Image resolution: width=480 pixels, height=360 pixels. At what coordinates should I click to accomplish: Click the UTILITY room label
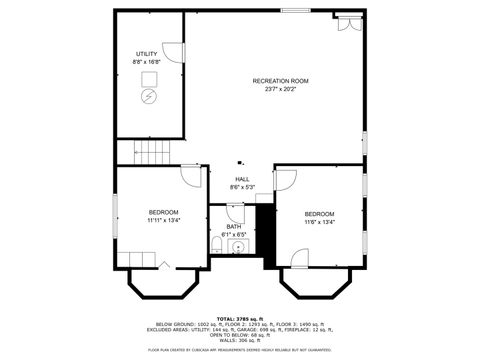[148, 53]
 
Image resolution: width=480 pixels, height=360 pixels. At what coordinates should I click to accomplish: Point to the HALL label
[242, 179]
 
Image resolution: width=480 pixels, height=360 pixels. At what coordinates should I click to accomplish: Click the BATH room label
[233, 227]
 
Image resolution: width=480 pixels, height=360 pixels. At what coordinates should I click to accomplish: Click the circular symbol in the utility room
[149, 97]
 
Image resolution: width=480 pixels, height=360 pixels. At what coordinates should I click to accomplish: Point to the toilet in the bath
[217, 246]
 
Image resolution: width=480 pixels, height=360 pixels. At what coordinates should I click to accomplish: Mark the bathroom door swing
[235, 212]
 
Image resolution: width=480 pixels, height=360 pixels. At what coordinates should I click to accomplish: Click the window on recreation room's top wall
[295, 11]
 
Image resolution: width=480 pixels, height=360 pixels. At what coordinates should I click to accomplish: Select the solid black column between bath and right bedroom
[265, 229]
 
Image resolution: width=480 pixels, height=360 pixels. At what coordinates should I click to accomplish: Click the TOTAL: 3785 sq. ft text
[239, 318]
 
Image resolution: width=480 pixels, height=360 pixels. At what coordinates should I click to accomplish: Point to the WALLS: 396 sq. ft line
[239, 340]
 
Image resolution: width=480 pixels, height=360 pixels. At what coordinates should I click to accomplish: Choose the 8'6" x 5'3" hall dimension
[242, 187]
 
